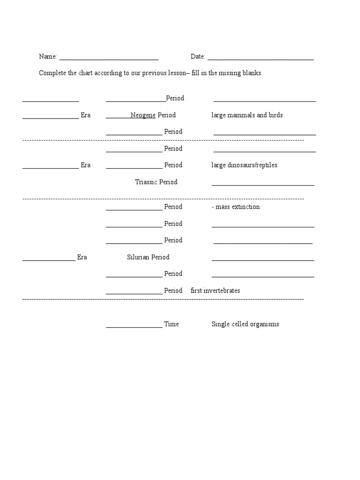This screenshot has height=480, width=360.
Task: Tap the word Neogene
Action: click(143, 115)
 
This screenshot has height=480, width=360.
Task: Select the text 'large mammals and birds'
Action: click(247, 115)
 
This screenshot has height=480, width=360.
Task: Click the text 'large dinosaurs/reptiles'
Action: click(244, 165)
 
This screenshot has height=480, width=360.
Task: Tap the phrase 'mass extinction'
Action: click(238, 207)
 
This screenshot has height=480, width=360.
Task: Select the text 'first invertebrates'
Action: click(215, 291)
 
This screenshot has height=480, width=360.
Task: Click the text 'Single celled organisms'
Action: click(245, 324)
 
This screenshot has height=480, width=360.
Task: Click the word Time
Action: click(171, 324)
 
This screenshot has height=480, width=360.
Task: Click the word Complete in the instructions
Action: click(52, 74)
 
